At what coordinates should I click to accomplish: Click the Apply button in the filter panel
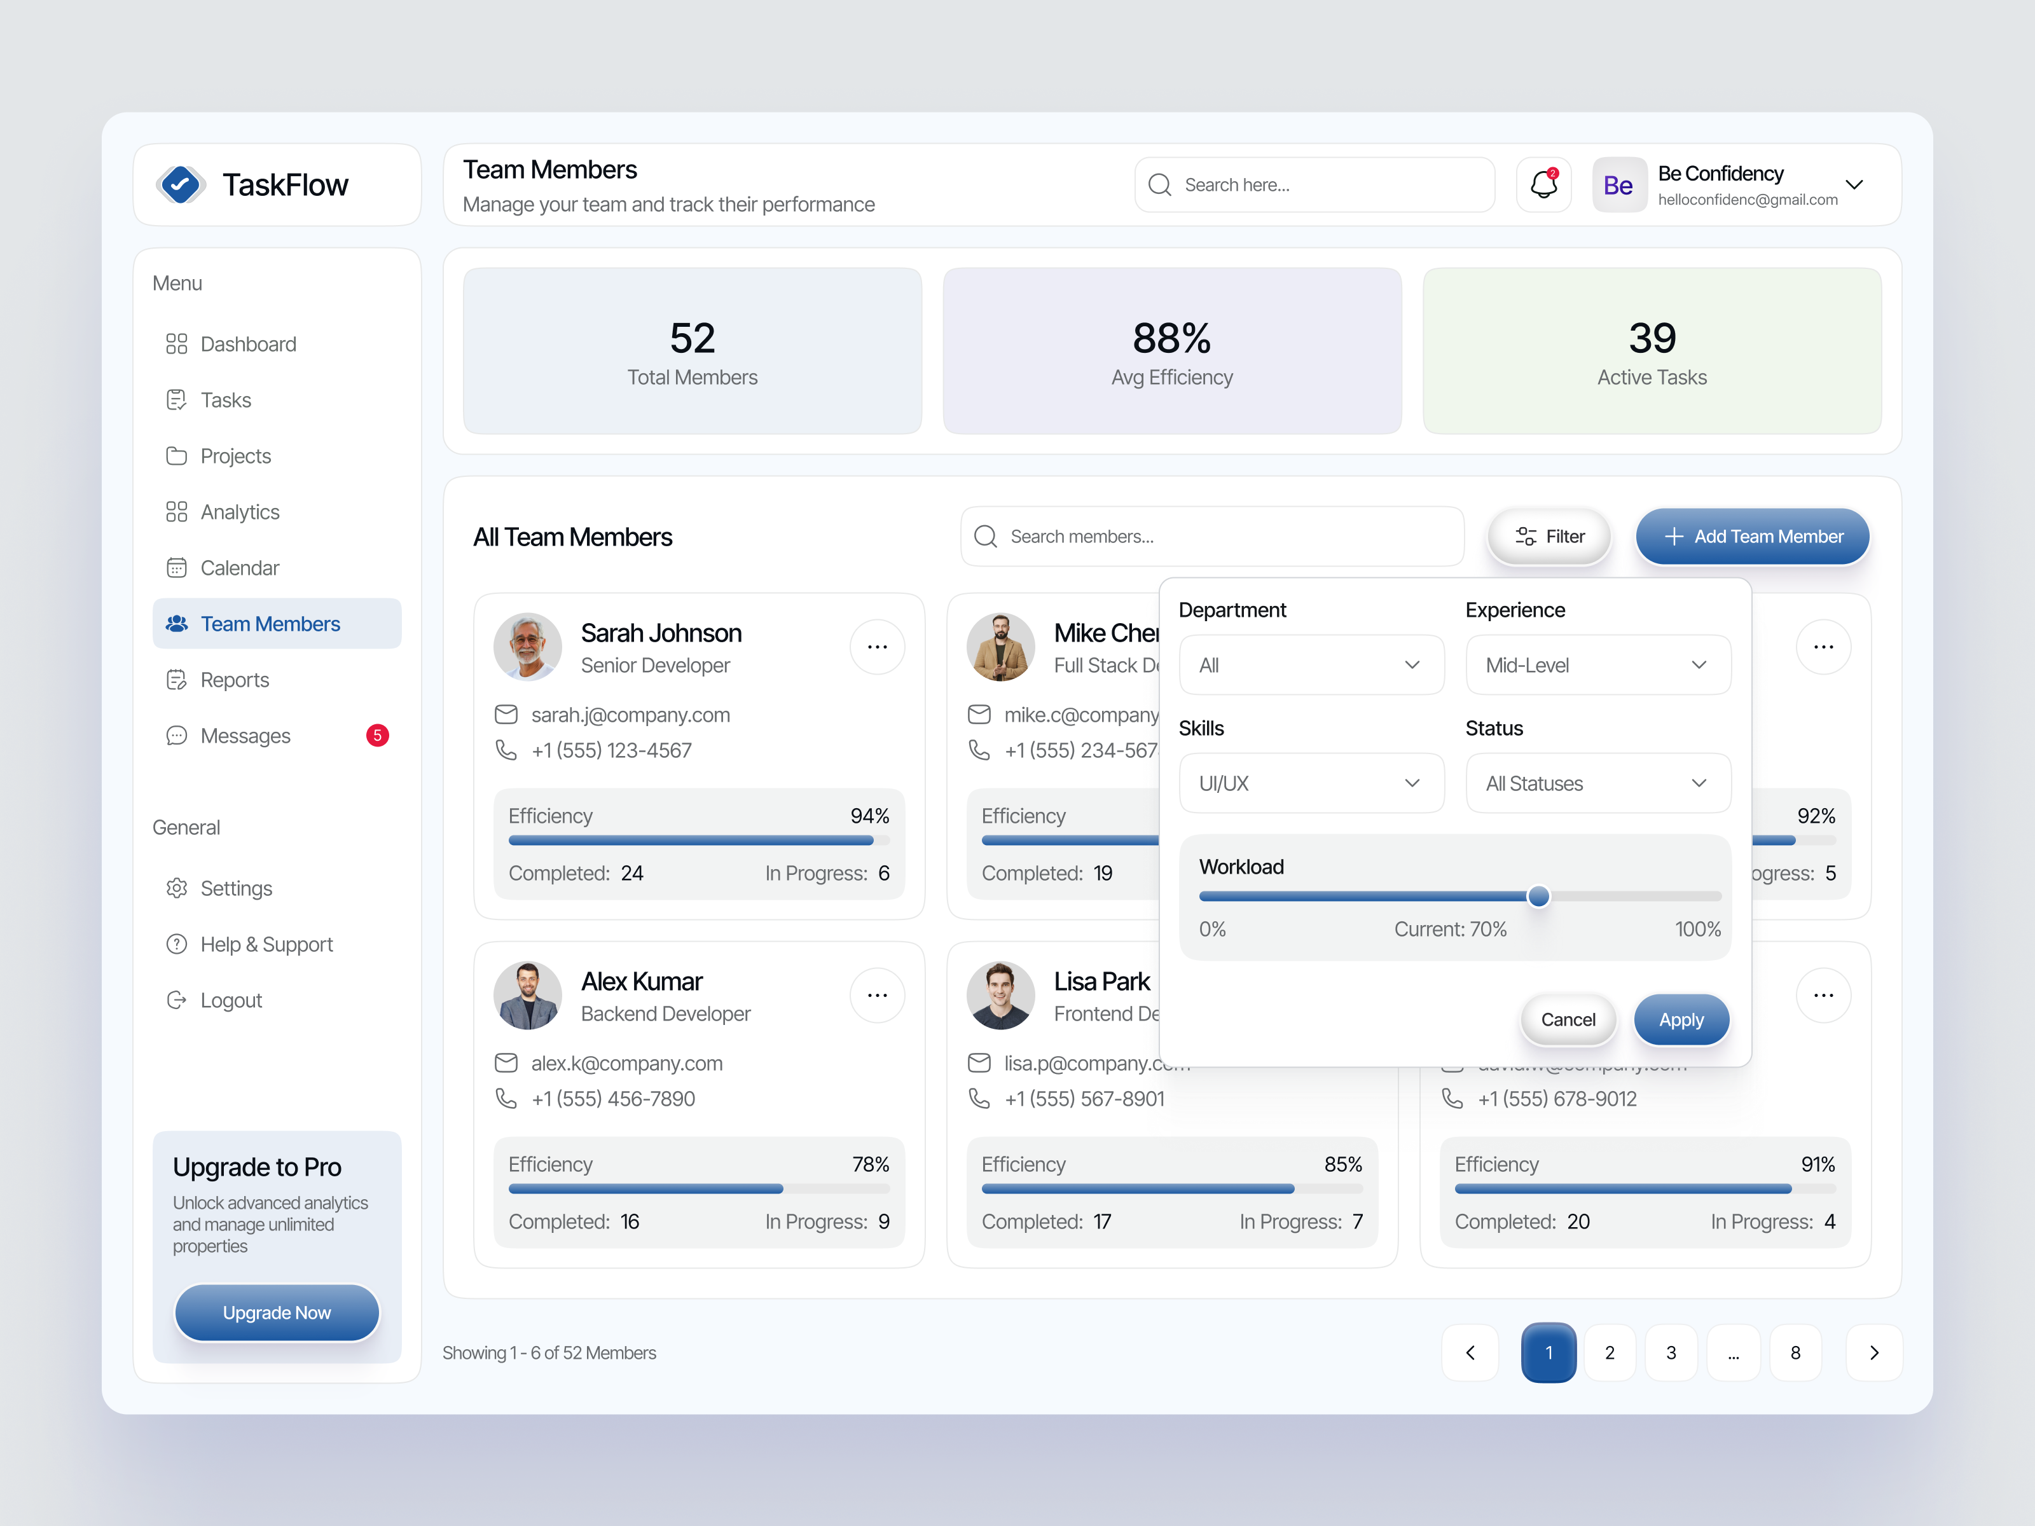1681,1019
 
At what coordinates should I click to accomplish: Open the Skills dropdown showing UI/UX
1311,783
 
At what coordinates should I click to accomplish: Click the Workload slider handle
1538,896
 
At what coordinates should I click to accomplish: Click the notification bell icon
1543,185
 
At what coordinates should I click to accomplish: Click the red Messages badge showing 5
377,735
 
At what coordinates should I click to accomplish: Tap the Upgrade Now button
276,1312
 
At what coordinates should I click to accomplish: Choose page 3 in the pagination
1671,1352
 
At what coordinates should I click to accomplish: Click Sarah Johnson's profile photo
527,647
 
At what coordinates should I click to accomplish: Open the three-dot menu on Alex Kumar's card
877,995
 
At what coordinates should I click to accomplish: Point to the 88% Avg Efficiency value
1171,338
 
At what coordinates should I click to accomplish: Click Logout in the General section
230,1000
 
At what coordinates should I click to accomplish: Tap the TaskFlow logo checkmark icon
181,185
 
